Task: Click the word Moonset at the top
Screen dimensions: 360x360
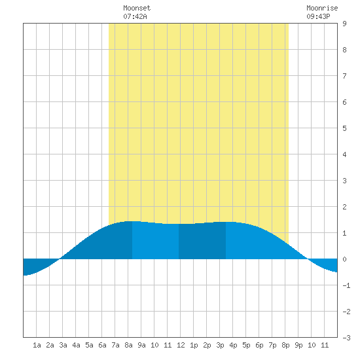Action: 137,8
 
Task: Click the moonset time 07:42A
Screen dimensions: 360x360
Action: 135,16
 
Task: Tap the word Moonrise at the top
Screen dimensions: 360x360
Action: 322,8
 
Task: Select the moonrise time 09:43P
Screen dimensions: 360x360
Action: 318,16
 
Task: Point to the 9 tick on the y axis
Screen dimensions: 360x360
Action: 344,24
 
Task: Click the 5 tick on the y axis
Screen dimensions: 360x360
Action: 344,128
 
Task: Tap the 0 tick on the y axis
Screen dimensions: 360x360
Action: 344,259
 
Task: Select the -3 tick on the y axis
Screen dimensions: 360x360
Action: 346,338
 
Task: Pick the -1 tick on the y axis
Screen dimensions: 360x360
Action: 346,285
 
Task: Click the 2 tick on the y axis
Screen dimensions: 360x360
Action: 344,207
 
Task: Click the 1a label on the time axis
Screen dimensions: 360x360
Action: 37,345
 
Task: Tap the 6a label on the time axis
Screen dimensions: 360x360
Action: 102,345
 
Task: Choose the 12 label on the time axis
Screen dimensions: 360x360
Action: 181,345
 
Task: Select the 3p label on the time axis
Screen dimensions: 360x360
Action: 220,345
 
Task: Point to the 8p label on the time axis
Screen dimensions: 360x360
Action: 285,345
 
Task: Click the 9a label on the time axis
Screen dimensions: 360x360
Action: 141,345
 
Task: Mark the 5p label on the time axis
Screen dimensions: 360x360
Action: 246,345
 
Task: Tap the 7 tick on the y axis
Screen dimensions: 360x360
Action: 344,76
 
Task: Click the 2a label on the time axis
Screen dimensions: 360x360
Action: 50,345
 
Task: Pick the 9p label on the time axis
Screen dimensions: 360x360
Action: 298,345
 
